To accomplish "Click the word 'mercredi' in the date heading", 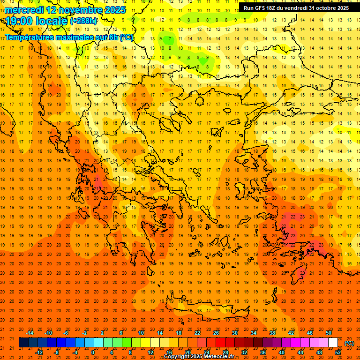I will pyautogui.click(x=24, y=10).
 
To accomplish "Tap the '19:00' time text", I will pyautogui.click(x=19, y=21).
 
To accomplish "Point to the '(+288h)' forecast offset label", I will pyautogui.click(x=83, y=21).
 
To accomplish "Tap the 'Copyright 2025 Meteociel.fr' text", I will pyautogui.click(x=199, y=357).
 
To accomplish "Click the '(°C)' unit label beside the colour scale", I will pyautogui.click(x=349, y=343).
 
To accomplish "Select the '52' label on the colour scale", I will pyautogui.click(x=338, y=352).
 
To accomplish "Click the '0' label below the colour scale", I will pyautogui.click(x=93, y=352).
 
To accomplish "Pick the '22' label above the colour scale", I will pyautogui.click(x=197, y=333).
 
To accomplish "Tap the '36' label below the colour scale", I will pyautogui.click(x=263, y=352).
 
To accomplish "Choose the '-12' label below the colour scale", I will pyautogui.click(x=39, y=352).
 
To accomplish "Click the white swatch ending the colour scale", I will pyautogui.click(x=333, y=342).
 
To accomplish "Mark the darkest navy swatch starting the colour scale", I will pyautogui.click(x=23, y=342).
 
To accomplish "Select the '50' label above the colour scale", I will pyautogui.click(x=329, y=333).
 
